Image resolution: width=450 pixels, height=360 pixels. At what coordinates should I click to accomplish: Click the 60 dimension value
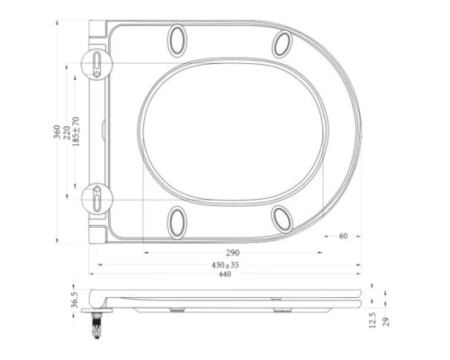click(344, 237)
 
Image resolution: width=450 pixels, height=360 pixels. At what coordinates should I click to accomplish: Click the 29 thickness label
click(387, 321)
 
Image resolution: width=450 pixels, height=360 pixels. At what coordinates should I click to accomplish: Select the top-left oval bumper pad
click(177, 40)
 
